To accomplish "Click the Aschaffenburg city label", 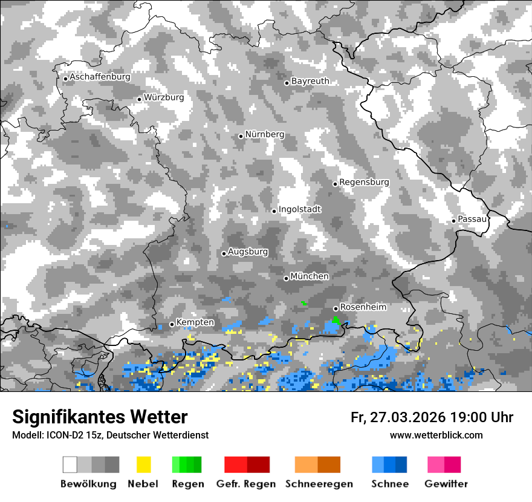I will click(x=100, y=77).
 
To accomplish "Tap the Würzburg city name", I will click(x=164, y=97).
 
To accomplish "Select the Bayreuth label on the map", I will click(x=310, y=81).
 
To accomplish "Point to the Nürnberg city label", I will click(x=264, y=134).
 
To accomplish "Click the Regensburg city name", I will click(x=364, y=182).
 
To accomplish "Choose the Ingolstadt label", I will click(x=300, y=209).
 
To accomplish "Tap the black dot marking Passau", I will click(x=453, y=221).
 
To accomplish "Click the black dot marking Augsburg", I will click(x=224, y=253).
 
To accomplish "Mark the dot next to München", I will click(x=286, y=278).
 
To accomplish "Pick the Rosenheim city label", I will click(x=363, y=307).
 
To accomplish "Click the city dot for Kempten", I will click(x=172, y=324).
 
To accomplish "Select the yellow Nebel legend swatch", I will click(x=143, y=465).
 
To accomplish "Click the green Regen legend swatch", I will click(x=187, y=465).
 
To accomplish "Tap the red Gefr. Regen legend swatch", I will click(x=247, y=465).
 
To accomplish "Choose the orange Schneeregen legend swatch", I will click(x=318, y=465).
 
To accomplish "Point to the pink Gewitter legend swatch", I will click(x=444, y=465).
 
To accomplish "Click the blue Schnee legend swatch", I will click(x=389, y=465).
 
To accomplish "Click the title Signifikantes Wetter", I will click(x=100, y=417).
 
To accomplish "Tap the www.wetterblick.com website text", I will click(x=436, y=435).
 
